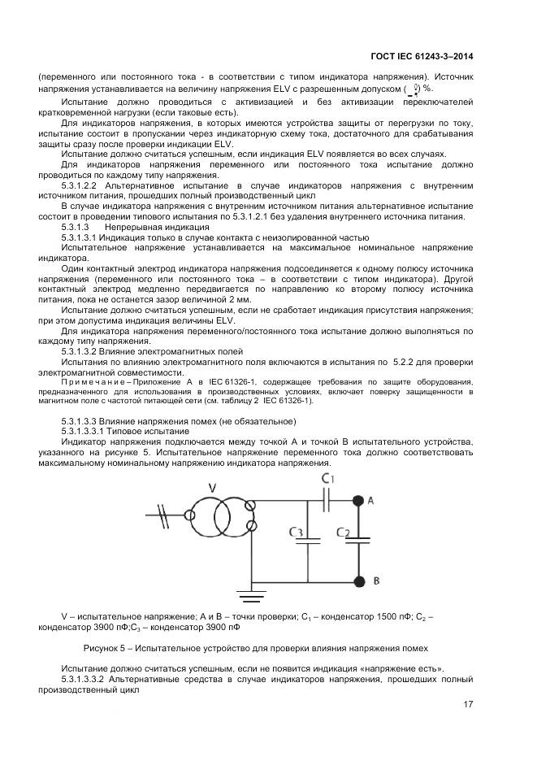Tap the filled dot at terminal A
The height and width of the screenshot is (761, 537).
(357, 502)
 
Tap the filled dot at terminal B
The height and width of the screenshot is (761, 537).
(357, 581)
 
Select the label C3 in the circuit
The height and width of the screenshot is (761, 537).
(297, 533)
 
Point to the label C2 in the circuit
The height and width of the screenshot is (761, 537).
(344, 533)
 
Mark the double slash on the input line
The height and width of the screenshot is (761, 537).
(165, 514)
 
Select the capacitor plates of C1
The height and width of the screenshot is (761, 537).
(327, 502)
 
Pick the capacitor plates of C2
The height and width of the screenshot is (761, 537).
(357, 541)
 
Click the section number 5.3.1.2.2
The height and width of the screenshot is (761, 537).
(84, 185)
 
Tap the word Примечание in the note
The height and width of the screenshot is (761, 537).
(92, 380)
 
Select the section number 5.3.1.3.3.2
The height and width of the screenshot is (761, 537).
(84, 677)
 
